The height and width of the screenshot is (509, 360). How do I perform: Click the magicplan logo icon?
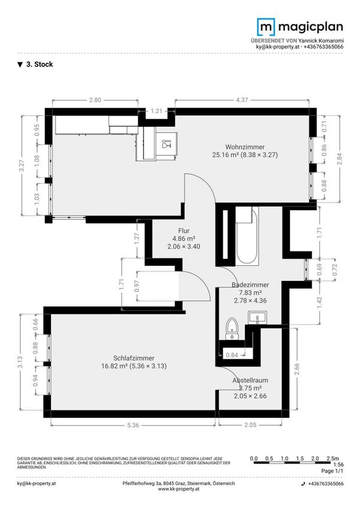(265, 27)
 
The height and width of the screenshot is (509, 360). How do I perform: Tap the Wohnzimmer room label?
(245, 147)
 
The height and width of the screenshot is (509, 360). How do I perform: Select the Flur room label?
(184, 231)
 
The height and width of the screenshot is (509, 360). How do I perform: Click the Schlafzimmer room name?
(134, 358)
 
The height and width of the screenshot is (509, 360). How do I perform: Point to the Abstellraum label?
(250, 380)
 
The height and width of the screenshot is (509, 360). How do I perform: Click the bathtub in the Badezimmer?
(247, 236)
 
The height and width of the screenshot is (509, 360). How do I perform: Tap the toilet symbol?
(232, 329)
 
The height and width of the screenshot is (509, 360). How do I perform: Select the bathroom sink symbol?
(258, 317)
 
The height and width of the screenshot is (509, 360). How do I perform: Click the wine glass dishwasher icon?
(165, 143)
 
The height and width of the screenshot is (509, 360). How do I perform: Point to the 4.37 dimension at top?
(242, 100)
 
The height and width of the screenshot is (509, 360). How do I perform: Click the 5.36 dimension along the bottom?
(133, 425)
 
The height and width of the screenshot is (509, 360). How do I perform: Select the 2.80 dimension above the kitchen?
(95, 100)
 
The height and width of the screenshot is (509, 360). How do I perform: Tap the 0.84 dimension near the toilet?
(232, 355)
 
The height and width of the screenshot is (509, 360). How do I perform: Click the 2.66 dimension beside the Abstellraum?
(297, 369)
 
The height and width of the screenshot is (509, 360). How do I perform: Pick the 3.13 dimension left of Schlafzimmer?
(20, 362)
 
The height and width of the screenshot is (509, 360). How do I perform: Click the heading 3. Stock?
(35, 64)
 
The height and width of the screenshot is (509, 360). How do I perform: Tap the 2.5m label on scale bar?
(332, 458)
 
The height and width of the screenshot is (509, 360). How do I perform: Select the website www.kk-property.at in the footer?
(179, 489)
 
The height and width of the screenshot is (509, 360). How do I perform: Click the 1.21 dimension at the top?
(156, 111)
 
